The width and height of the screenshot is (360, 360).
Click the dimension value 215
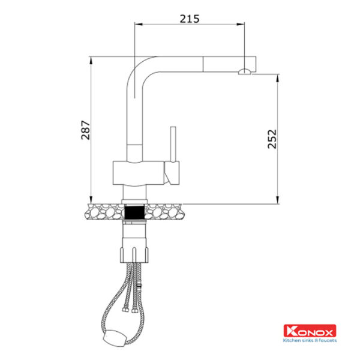click(190, 19)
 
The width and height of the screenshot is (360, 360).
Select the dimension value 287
click(85, 130)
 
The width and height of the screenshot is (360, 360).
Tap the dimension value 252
click(272, 139)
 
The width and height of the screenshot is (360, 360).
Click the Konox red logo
click(310, 331)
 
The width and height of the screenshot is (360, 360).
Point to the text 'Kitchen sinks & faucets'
click(310, 340)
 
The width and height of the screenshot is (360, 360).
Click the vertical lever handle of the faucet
click(173, 144)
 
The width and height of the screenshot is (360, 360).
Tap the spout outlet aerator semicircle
click(245, 71)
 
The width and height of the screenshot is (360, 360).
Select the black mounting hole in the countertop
click(134, 212)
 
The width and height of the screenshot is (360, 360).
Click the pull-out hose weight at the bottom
click(114, 337)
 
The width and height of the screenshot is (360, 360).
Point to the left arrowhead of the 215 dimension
click(139, 24)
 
